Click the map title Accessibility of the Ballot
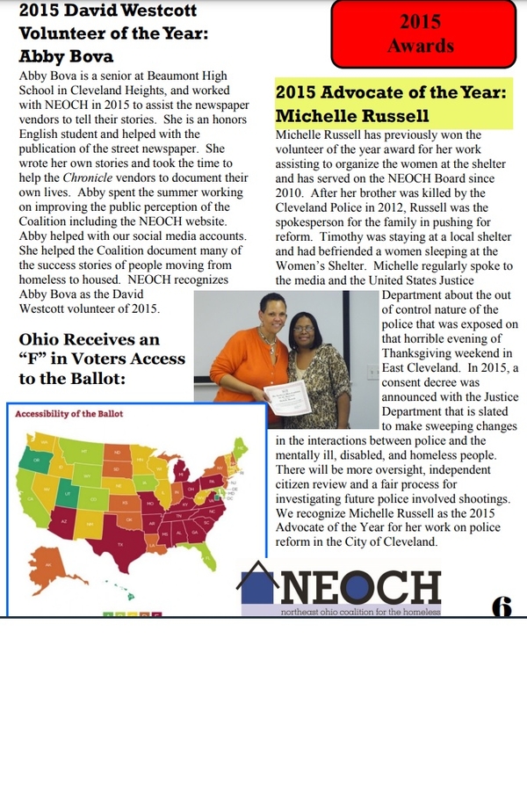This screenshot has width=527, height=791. coord(69,413)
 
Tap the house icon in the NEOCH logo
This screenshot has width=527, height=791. coord(260,584)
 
